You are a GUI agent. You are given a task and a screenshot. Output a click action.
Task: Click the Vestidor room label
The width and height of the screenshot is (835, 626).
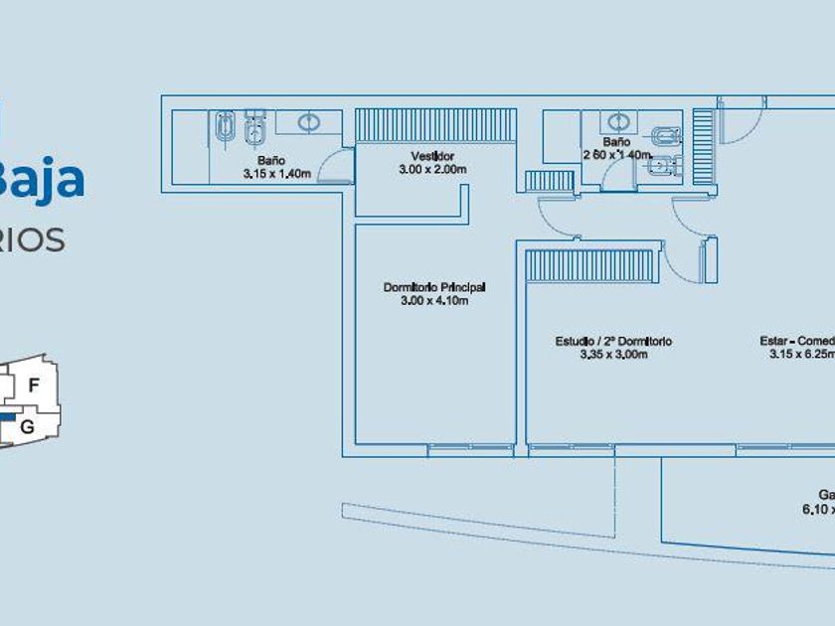[432, 157]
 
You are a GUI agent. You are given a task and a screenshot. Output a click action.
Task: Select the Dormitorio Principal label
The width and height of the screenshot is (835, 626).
[434, 287]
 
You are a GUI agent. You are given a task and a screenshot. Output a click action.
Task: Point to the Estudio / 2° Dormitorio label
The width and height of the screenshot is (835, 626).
[613, 342]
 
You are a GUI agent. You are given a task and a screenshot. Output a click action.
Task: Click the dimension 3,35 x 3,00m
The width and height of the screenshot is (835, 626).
[613, 355]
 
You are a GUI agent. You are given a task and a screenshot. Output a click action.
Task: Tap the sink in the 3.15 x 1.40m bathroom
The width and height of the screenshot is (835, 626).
[309, 122]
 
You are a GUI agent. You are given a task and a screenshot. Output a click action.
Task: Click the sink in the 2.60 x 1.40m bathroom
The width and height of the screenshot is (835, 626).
[618, 122]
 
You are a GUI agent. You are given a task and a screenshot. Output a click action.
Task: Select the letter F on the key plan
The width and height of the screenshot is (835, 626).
[34, 385]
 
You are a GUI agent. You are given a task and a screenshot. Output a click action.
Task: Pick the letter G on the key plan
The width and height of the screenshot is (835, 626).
[28, 426]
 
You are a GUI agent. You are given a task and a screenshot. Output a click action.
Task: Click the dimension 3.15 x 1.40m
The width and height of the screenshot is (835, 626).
[277, 173]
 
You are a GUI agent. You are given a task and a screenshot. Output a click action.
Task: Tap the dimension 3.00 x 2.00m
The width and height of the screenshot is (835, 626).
[432, 170]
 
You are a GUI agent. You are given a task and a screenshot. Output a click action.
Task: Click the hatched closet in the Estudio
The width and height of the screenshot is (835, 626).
[589, 265]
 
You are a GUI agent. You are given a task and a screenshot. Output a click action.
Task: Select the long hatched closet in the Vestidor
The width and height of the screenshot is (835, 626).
[435, 125]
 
